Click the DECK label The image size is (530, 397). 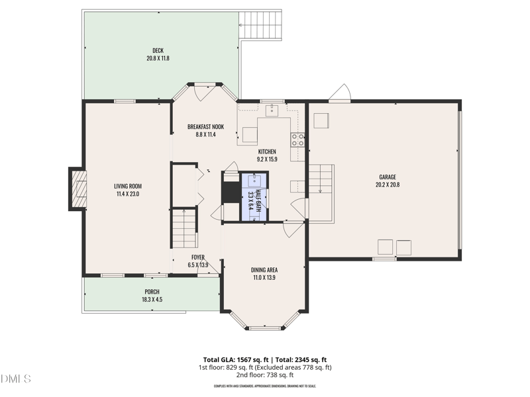click(158, 51)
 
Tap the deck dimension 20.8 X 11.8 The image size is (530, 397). click(158, 58)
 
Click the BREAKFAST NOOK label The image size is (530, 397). click(205, 126)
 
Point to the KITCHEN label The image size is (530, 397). click(267, 152)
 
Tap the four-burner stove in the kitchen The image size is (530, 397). click(298, 140)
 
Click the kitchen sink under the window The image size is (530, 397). click(272, 109)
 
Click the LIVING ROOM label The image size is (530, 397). click(128, 186)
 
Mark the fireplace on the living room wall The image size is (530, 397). click(77, 189)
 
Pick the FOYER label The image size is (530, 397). click(198, 257)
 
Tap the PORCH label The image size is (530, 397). click(152, 292)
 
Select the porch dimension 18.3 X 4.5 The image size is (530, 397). click(152, 299)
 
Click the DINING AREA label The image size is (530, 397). click(264, 269)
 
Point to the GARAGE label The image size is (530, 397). click(388, 177)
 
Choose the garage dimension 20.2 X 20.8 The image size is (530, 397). click(388, 185)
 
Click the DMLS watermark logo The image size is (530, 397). click(16, 379)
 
